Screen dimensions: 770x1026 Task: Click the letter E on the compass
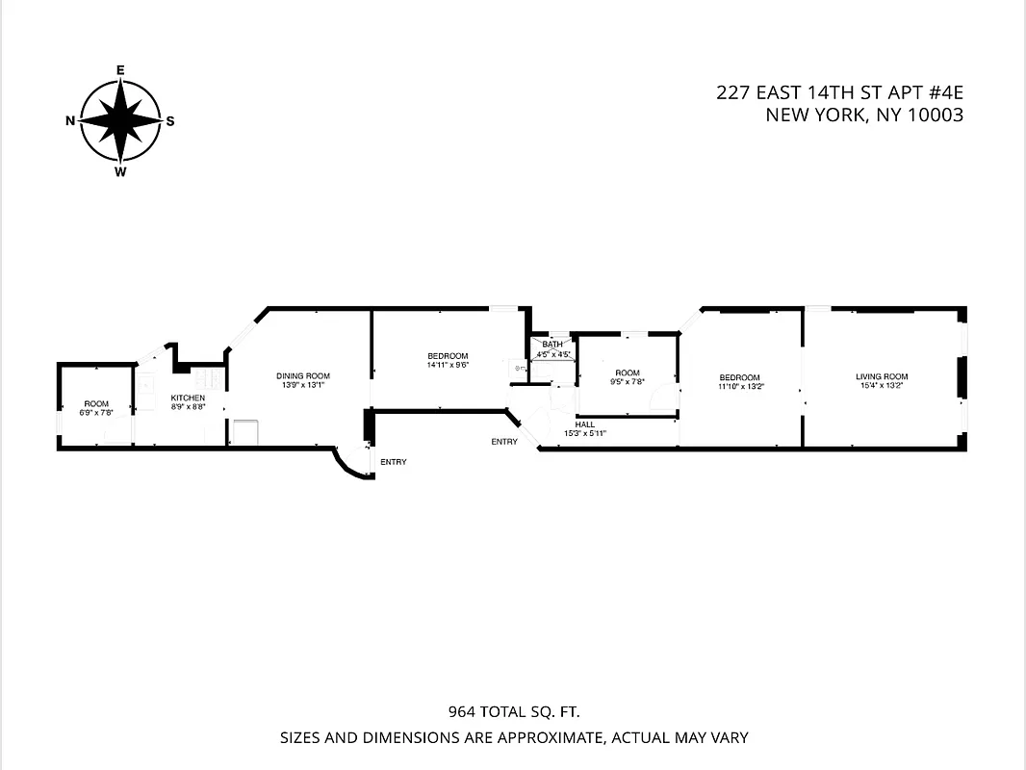pos(120,70)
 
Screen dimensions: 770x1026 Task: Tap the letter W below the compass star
pos(120,172)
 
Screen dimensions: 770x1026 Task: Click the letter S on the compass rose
pos(170,121)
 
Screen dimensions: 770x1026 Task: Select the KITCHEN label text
pos(188,398)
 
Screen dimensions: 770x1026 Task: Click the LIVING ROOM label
pos(882,376)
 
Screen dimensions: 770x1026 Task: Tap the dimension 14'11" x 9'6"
pos(448,365)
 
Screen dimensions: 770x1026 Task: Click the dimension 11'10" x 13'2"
pos(739,386)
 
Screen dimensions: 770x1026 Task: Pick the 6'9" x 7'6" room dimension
pos(96,412)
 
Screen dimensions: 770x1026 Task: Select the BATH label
pos(552,345)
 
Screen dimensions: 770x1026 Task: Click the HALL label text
pos(585,424)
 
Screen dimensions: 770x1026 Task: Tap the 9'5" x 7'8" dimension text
pos(628,382)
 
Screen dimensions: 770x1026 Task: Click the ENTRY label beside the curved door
pos(393,462)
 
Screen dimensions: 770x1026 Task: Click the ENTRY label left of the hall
pos(504,442)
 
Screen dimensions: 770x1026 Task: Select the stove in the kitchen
pos(242,432)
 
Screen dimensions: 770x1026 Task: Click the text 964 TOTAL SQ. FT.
pos(514,713)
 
